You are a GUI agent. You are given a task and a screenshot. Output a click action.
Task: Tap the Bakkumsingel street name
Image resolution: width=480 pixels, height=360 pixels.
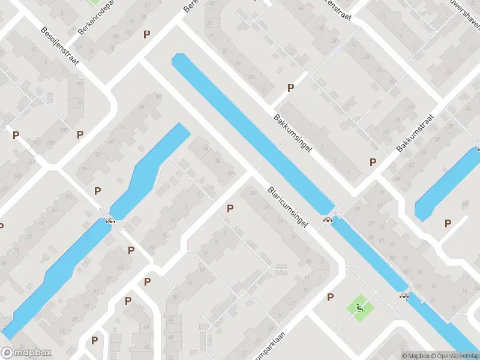(x=293, y=133)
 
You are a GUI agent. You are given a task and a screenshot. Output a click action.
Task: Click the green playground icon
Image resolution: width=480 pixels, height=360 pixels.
(x=360, y=308)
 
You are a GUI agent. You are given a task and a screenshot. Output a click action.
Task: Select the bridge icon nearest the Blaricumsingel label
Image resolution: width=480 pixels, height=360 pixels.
(x=328, y=219)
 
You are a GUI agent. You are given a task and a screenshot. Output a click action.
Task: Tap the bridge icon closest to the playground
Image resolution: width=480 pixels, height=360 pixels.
(x=404, y=295)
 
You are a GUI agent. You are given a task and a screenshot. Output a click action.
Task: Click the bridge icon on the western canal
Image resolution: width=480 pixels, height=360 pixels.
(x=110, y=220)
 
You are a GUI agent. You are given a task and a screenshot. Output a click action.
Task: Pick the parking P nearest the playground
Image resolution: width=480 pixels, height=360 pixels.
(x=330, y=297)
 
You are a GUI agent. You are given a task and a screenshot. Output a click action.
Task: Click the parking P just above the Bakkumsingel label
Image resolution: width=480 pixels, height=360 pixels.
(x=291, y=88)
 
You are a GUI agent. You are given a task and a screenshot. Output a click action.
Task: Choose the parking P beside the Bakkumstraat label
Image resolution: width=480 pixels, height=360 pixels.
(x=373, y=162)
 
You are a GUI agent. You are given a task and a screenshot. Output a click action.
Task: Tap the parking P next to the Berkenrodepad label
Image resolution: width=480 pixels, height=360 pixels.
(x=146, y=34)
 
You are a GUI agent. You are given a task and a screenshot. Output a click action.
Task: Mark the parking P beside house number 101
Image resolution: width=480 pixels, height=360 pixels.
(x=80, y=134)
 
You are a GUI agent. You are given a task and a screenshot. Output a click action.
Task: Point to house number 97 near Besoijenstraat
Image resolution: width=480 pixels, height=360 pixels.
(x=78, y=103)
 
